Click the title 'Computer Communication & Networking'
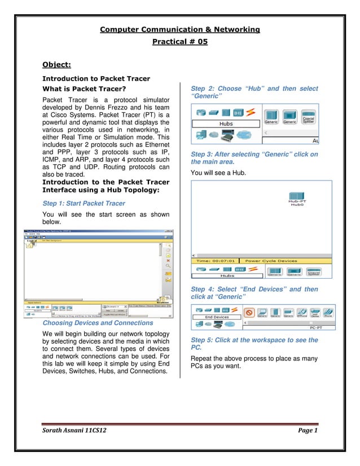point(179,29)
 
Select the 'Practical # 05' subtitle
point(179,41)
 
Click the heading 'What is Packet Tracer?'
point(84,89)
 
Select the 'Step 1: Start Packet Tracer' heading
point(84,204)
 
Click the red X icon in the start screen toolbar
point(168,261)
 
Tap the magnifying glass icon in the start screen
point(168,266)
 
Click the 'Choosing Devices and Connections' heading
point(98,323)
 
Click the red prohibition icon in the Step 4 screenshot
point(249,311)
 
